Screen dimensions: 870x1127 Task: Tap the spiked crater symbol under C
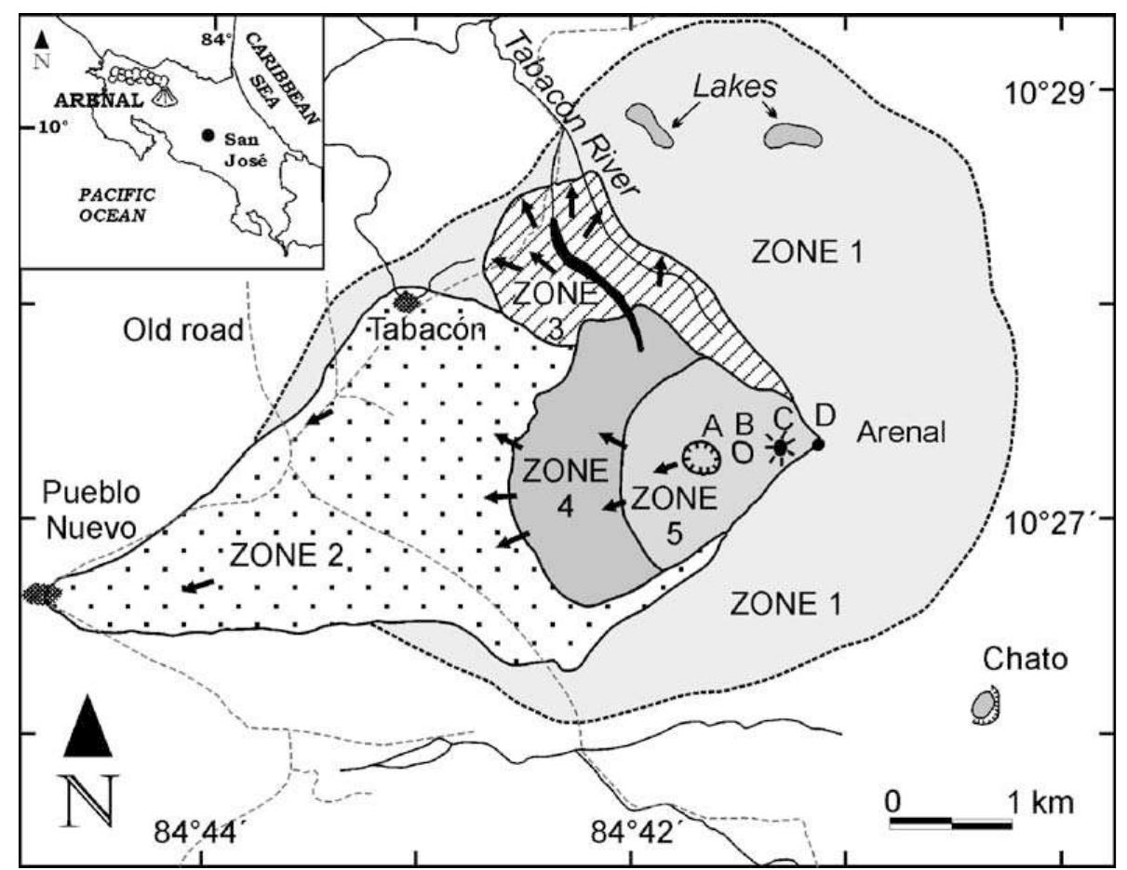coord(781,448)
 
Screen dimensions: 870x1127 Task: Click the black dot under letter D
coord(818,444)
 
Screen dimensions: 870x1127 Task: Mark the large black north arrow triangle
coord(88,727)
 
